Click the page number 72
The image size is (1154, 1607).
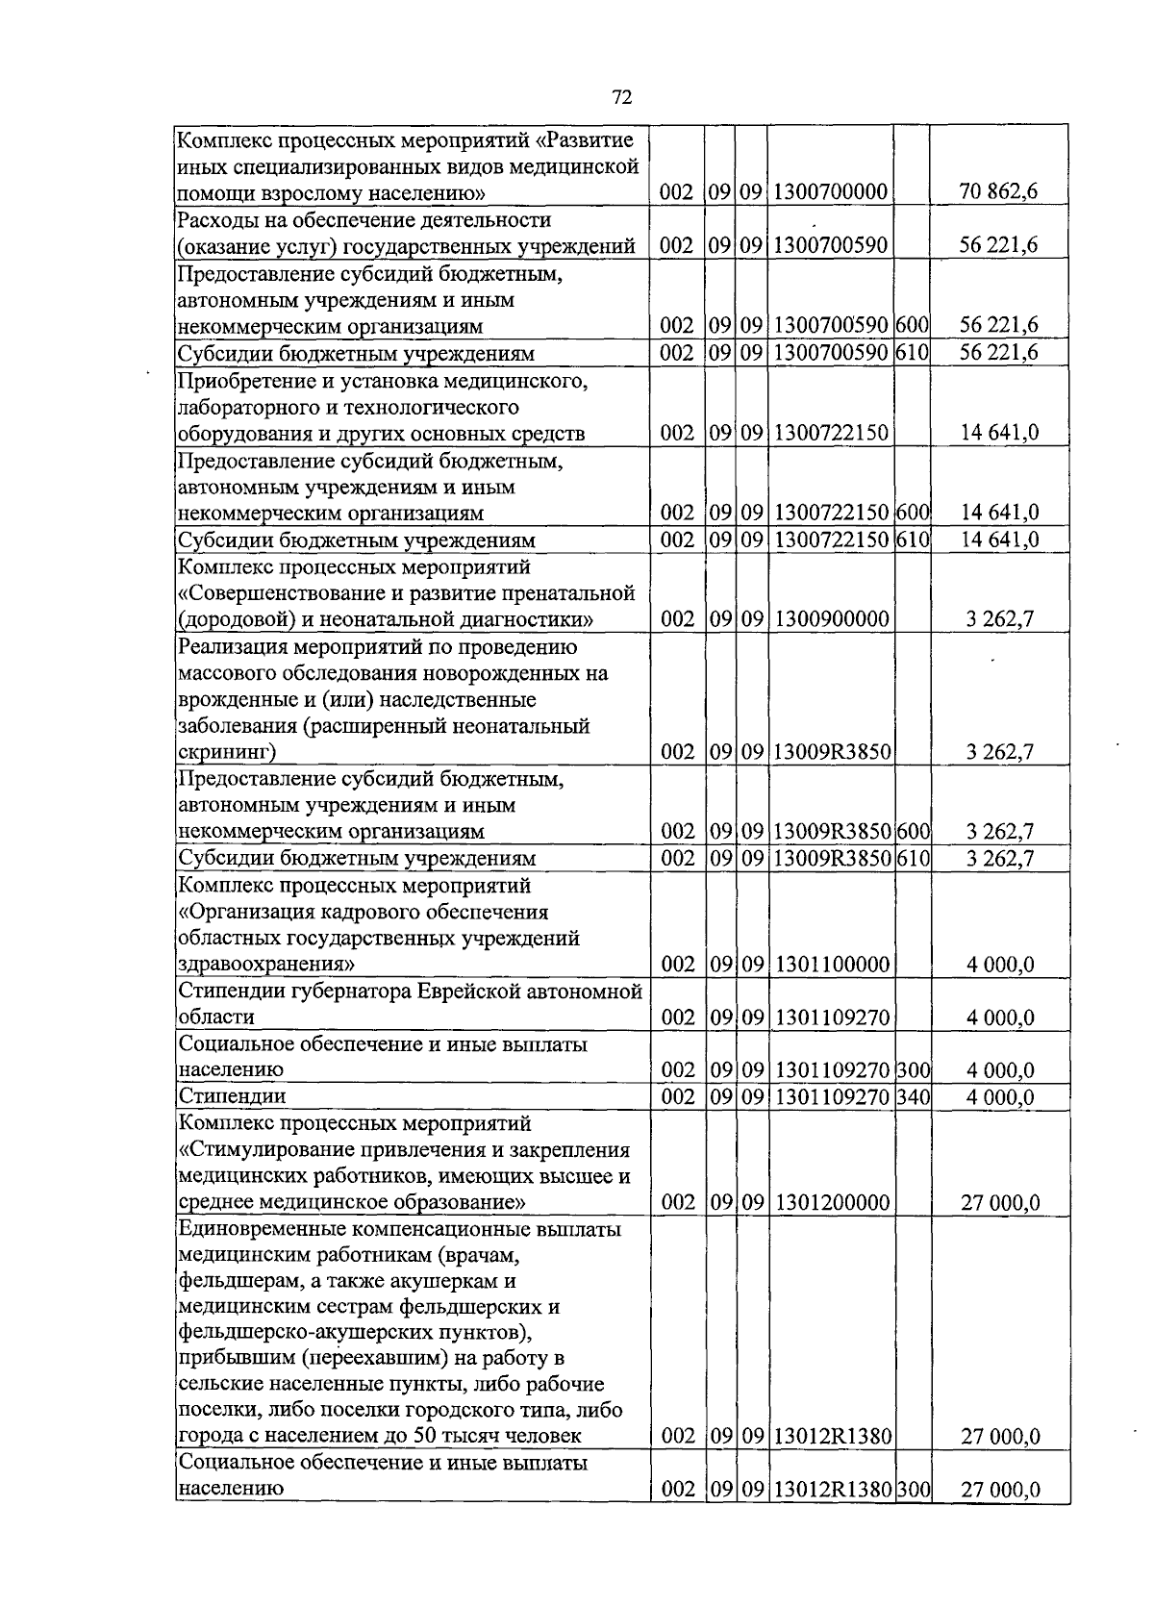click(x=621, y=97)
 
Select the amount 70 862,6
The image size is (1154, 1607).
click(x=999, y=191)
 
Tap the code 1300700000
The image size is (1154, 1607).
click(x=831, y=192)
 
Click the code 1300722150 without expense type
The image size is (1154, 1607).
click(x=831, y=434)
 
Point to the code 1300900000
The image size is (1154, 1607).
click(x=831, y=619)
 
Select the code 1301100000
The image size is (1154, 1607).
click(x=831, y=965)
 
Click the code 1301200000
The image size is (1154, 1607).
click(x=831, y=1203)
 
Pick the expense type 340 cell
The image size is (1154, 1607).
click(x=913, y=1097)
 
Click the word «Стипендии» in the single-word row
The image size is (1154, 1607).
click(x=233, y=1096)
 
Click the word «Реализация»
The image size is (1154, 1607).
click(x=233, y=646)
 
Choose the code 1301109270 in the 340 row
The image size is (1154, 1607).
click(x=831, y=1097)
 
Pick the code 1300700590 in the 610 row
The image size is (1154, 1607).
click(x=831, y=354)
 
